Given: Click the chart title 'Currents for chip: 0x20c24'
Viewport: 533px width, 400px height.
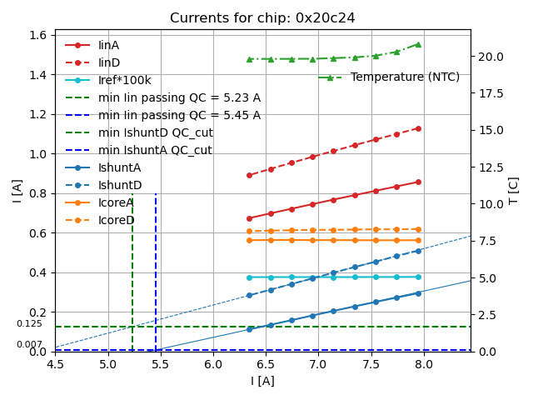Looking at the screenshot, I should tap(262, 18).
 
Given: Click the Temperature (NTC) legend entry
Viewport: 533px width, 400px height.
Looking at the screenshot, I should tap(405, 77).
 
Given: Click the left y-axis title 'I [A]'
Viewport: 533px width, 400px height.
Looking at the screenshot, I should tap(17, 190).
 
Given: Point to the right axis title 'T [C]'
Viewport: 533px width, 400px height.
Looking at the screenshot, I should tap(513, 190).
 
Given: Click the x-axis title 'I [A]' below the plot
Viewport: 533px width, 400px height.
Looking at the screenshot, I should tap(262, 382).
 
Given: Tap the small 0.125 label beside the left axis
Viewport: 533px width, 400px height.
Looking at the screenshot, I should tap(29, 324).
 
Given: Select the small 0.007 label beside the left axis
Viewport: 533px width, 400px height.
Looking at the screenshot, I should tap(29, 344).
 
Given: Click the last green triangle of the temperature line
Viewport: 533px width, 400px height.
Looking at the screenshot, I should tap(418, 44).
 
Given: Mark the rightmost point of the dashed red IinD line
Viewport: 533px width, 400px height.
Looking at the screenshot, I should tap(418, 128).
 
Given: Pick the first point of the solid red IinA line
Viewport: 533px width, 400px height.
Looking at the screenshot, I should tap(249, 218).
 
